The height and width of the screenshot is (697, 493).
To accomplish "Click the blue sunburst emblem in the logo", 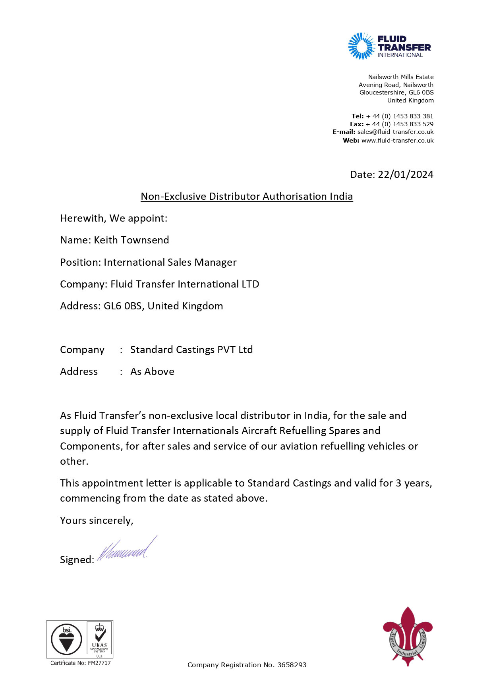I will pos(361,46).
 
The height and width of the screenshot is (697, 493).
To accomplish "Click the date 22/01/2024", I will pos(405,174).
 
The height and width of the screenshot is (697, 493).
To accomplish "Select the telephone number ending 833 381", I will pos(400,116).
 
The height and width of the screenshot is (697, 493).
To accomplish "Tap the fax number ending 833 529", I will pos(400,124).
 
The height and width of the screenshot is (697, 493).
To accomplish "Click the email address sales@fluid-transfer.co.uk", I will pos(395,132).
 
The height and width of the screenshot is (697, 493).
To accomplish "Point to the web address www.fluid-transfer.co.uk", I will pos(397,140).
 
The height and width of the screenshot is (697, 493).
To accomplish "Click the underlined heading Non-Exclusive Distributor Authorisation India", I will pos(247,196).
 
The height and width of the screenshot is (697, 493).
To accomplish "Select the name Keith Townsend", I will pos(131,240).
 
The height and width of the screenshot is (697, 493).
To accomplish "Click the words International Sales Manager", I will pos(170,262).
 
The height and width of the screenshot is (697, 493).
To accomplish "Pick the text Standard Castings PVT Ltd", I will pos(191,349).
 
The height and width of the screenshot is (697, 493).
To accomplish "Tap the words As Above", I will pos(152,371).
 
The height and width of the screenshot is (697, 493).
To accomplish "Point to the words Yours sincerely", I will pos(97,520).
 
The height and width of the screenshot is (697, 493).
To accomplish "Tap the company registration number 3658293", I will pos(292,665).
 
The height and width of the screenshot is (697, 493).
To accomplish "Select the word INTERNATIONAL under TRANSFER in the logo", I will pos(400,55).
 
